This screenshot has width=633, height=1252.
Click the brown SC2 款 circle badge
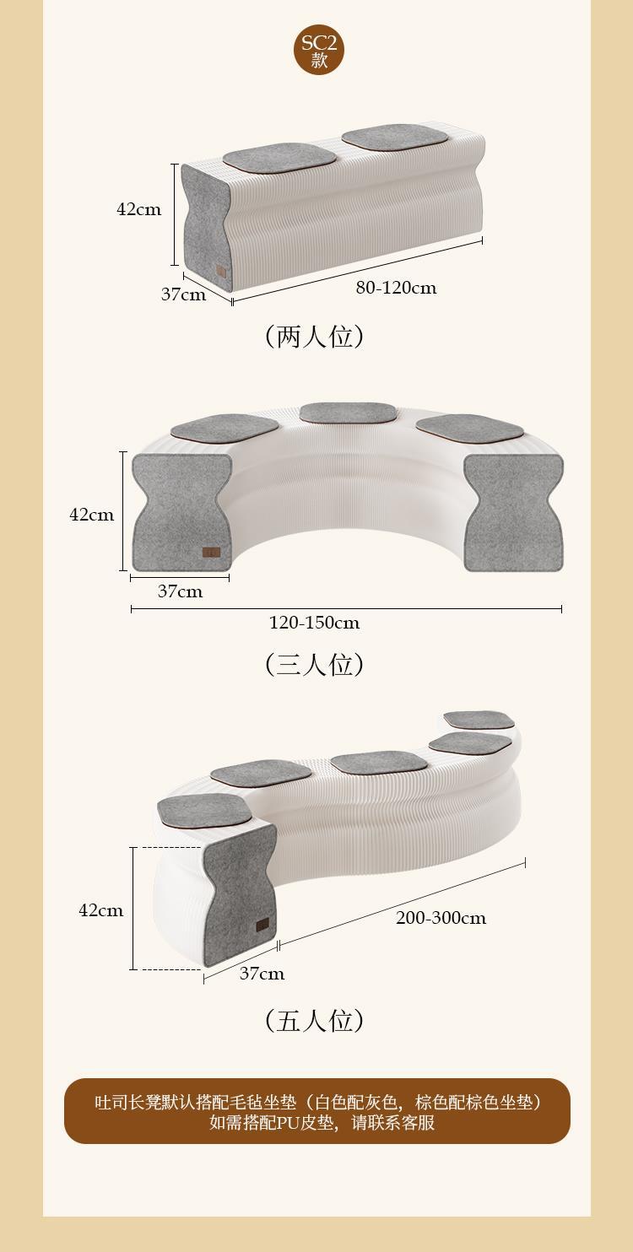[319, 50]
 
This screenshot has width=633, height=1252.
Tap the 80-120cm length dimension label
[396, 288]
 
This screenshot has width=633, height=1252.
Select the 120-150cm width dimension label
[314, 623]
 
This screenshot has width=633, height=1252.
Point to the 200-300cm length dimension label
[441, 918]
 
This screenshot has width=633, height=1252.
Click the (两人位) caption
[315, 337]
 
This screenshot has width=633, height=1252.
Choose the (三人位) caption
[315, 665]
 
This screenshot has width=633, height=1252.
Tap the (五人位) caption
[315, 1021]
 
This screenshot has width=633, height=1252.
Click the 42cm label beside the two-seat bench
[138, 209]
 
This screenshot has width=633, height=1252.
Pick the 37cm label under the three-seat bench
[180, 591]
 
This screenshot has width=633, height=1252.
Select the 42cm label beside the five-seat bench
[100, 910]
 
